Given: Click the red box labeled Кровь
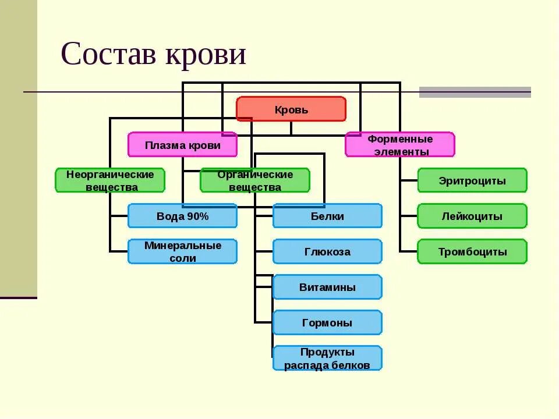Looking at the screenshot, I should click(x=291, y=109).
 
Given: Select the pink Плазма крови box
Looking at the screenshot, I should click(x=182, y=145).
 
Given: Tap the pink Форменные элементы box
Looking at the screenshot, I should click(x=399, y=145).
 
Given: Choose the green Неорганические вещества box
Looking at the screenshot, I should click(x=110, y=180).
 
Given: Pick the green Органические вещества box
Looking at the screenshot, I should click(x=255, y=180).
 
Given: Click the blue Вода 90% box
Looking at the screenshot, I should click(x=182, y=216).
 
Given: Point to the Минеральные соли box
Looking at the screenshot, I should click(x=182, y=251).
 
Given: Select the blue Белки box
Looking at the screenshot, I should click(x=327, y=216).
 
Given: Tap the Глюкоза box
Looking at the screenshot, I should click(x=327, y=251).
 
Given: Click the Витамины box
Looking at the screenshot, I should click(x=327, y=287).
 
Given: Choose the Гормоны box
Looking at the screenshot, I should click(x=327, y=322).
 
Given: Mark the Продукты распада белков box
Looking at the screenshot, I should click(x=327, y=358).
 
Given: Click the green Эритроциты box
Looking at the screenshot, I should click(x=472, y=180).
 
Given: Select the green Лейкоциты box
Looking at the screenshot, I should click(x=472, y=216).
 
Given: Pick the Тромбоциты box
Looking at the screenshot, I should click(x=472, y=251).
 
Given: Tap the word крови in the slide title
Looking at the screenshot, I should click(x=206, y=55).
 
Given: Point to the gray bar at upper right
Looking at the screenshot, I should click(x=475, y=92).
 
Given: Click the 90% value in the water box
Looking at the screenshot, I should click(x=198, y=216).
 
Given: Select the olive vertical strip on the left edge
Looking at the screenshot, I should click(x=18, y=145).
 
